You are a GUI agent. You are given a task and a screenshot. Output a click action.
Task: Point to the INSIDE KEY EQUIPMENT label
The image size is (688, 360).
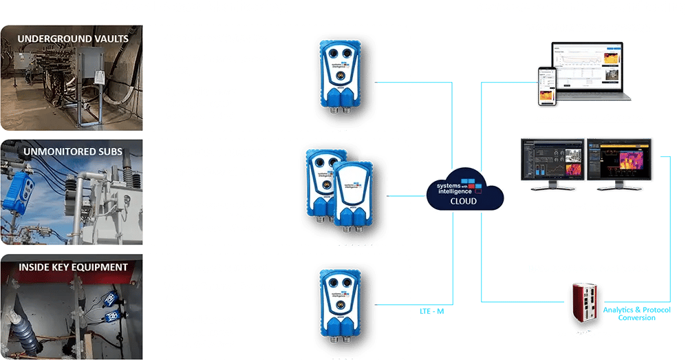[x=73, y=267]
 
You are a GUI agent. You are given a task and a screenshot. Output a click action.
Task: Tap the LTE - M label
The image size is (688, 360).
[x=432, y=311]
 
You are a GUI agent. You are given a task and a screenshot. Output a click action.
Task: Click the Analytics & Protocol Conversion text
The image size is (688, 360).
[x=636, y=313]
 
